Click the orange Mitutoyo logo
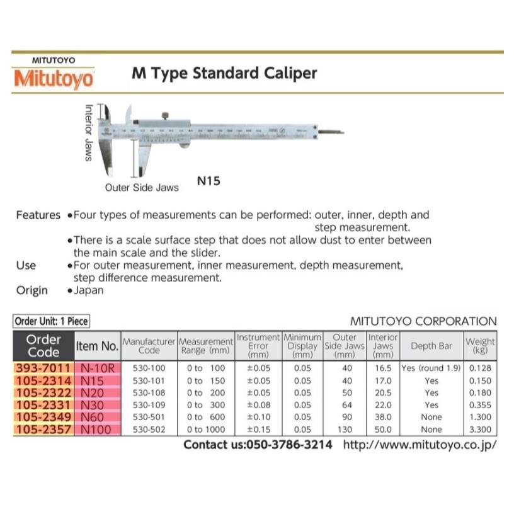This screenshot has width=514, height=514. point(54,79)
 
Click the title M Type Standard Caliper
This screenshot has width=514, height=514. point(224,73)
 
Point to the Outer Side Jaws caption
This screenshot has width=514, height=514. point(142,187)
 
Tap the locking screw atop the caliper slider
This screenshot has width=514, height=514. point(165,115)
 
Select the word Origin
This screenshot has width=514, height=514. point(31,290)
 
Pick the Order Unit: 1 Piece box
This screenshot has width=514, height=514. point(52,321)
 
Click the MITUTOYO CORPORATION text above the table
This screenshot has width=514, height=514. point(423,321)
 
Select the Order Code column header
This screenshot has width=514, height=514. point(43,346)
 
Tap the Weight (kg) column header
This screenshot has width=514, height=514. point(480,346)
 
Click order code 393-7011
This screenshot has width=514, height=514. point(43,368)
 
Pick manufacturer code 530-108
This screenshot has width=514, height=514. point(149,392)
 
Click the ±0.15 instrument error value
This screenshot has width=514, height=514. point(258,430)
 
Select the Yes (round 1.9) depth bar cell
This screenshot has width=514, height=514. point(431,368)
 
